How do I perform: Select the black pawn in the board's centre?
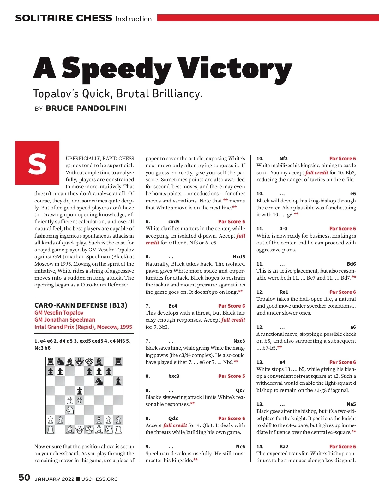[x=80, y=391]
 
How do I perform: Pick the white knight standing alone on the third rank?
[x=70, y=410]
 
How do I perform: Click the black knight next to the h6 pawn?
[x=99, y=381]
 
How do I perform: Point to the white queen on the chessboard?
[x=80, y=429]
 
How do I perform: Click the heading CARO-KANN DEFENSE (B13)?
[x=81, y=305]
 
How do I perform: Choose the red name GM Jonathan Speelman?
[x=65, y=320]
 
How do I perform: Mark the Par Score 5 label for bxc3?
[x=232, y=376]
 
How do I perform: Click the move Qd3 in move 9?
[x=173, y=418]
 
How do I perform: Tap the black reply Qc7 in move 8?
[x=240, y=390]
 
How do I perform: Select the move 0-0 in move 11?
[x=283, y=229]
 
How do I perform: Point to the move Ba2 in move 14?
[x=284, y=447]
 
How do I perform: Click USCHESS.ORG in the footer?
[x=99, y=479]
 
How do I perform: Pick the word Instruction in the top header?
[x=134, y=19]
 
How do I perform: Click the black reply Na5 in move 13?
[x=351, y=404]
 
